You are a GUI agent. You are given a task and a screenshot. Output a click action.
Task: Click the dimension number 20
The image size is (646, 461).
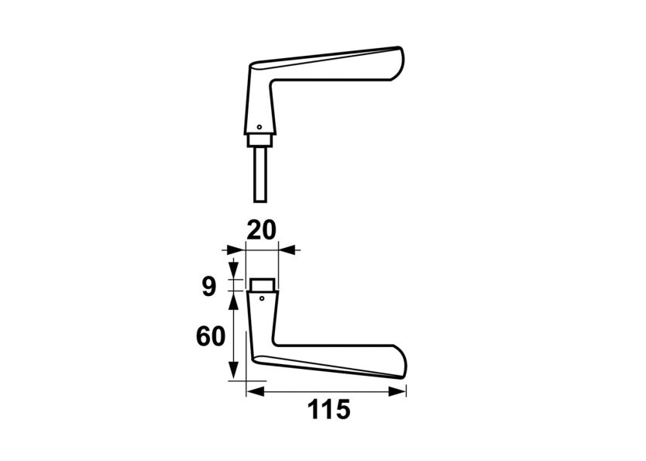261,230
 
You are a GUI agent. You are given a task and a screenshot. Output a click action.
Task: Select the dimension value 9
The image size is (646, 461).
208,287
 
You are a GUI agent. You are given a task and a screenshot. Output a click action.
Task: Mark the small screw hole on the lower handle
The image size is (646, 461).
263,298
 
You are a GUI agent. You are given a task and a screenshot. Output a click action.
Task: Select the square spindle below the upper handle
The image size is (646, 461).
262,174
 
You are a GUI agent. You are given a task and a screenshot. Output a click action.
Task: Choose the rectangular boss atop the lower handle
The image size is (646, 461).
263,284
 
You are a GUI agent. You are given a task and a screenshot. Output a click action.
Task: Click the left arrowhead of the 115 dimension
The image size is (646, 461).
251,393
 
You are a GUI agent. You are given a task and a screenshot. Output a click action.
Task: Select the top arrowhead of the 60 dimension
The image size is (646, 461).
234,298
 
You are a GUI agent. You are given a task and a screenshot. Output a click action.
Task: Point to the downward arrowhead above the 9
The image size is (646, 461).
234,273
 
